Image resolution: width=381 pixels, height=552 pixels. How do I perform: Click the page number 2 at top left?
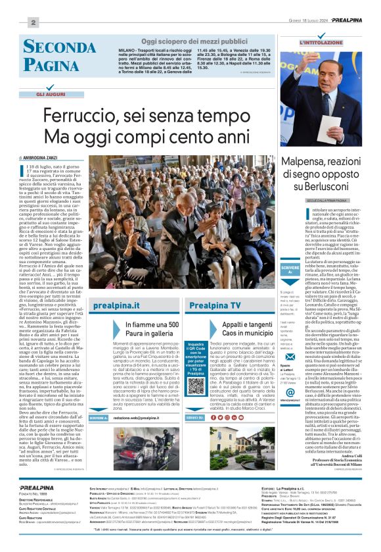coord(32,22)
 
